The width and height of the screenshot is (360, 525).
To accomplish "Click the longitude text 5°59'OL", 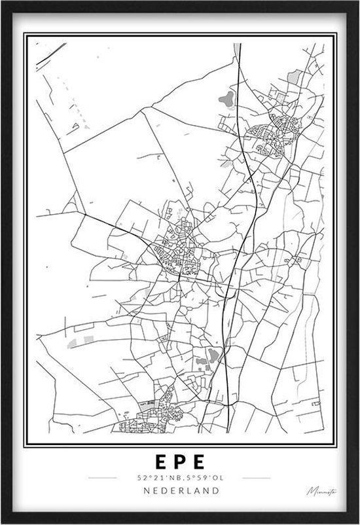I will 200,477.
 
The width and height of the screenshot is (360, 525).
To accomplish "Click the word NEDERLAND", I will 179,490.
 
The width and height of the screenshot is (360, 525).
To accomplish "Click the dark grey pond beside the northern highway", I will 226,100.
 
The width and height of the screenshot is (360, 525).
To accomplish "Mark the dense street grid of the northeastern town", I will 270,134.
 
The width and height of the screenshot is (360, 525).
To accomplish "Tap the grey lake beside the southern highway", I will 212,356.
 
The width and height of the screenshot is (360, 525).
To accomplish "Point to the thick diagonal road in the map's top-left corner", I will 51,54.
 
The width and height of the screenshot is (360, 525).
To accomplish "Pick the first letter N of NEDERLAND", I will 141,490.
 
